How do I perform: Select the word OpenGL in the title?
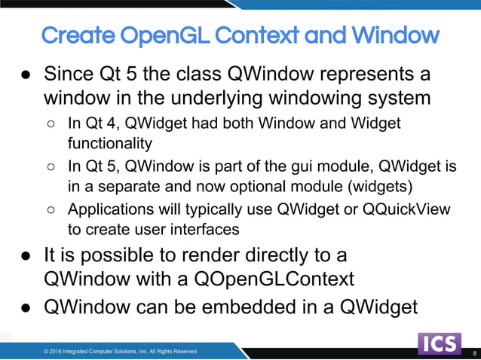[x=162, y=35]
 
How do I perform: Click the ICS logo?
[x=440, y=344]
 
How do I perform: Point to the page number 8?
[x=474, y=352]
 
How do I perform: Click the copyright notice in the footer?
[x=120, y=351]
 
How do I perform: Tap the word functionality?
[x=110, y=142]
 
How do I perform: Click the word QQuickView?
[x=409, y=209]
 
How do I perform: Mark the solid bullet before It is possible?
[x=26, y=256]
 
